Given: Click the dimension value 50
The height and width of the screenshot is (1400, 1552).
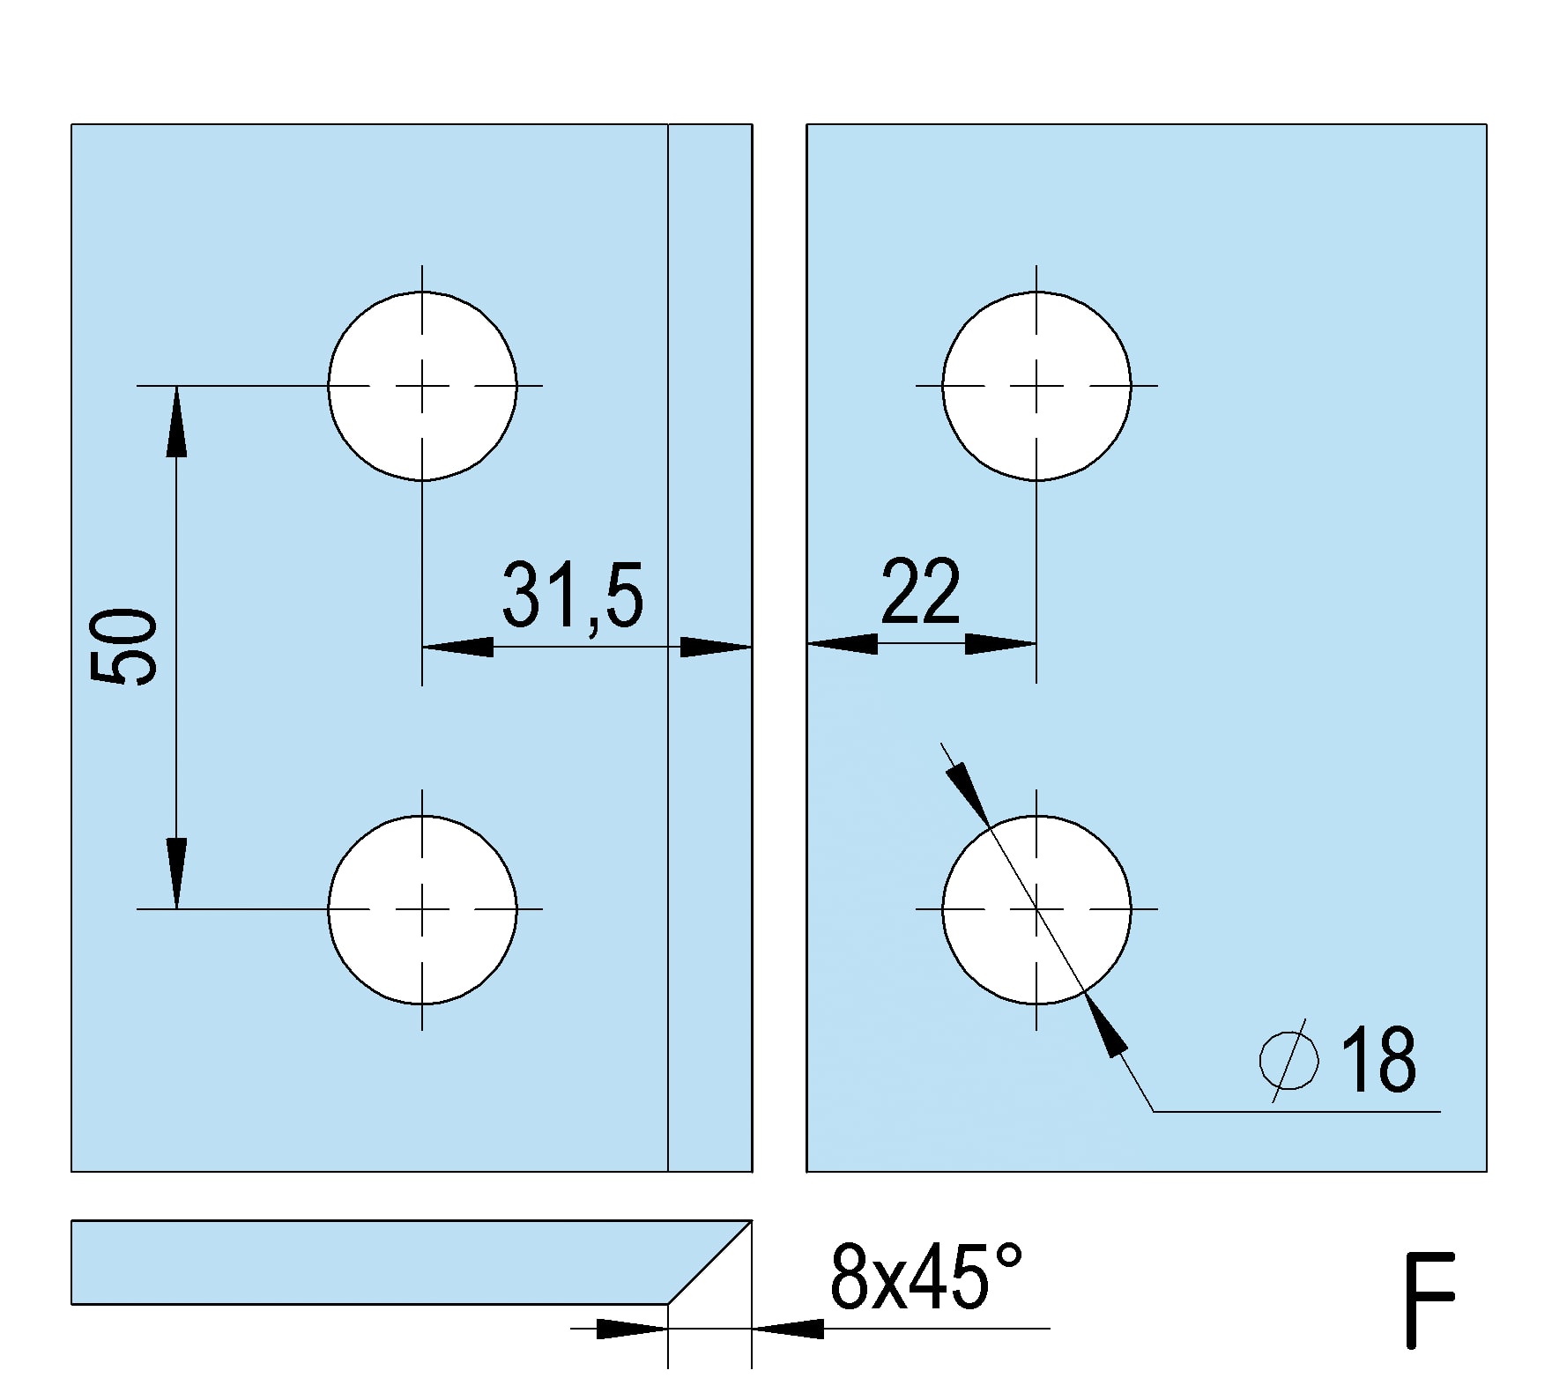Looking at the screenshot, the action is click(123, 647).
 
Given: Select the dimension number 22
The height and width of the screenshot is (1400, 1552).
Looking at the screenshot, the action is click(920, 591).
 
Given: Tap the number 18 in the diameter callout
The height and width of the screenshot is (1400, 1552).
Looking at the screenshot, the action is click(1378, 1060).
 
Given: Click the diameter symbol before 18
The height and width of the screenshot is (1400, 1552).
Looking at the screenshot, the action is click(1289, 1060).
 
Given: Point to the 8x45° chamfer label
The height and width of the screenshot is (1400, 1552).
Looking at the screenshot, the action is click(925, 1277).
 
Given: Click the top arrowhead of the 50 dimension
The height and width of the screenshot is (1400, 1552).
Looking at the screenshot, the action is click(176, 421).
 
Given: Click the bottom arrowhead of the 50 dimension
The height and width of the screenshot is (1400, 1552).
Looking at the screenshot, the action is click(176, 873).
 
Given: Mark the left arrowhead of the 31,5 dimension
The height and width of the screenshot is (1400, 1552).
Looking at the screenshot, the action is click(458, 647).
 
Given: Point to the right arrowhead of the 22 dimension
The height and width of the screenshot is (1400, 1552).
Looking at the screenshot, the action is click(1000, 644).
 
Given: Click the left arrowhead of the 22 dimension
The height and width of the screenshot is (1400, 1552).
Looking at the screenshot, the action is click(843, 644).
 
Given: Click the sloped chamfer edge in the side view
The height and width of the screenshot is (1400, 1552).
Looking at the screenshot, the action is click(710, 1262).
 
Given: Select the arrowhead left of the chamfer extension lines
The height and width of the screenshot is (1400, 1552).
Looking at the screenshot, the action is click(632, 1328).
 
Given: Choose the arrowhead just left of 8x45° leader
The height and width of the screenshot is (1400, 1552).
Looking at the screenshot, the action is click(788, 1328).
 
